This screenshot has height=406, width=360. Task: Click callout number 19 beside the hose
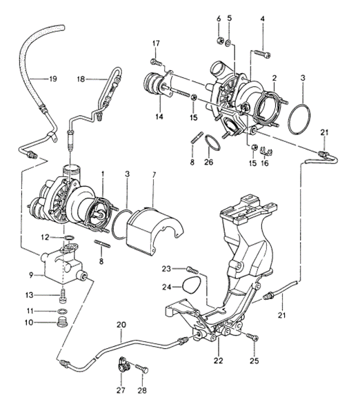point(52,79)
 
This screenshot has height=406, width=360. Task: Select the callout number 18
point(80,79)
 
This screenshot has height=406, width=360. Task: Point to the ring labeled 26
point(214,145)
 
